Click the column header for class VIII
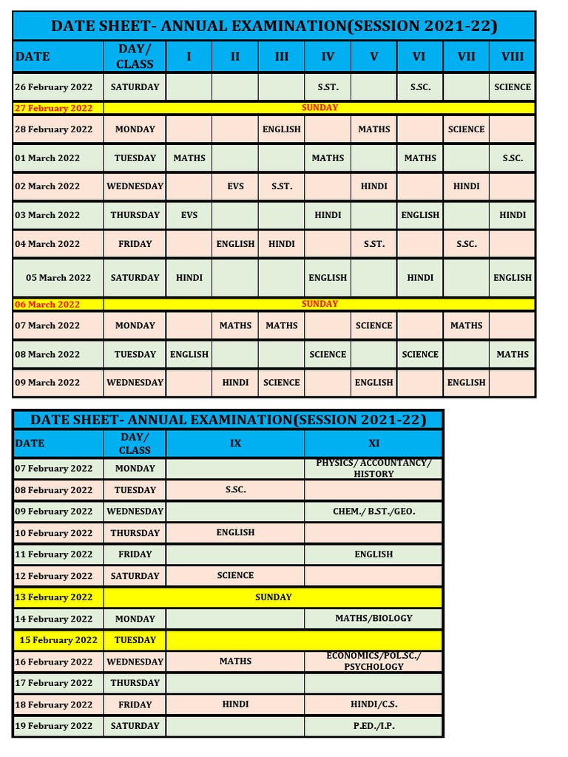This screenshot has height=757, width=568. point(513,56)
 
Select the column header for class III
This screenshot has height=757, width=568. point(282,56)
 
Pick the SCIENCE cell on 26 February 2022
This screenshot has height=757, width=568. point(513,87)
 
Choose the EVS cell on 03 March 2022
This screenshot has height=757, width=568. point(189,215)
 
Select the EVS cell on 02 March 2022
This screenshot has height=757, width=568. point(235,186)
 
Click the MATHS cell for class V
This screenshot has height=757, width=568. point(374,129)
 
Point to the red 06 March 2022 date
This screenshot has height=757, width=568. point(47,305)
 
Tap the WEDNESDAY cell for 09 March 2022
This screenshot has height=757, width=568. point(135,383)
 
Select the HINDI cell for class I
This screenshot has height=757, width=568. point(189,278)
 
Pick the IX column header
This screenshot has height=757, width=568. point(235,444)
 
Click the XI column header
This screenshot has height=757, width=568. point(373,444)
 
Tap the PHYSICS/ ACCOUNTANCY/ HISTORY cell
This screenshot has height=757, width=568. point(373,468)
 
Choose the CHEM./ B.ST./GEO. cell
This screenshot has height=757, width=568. point(373,512)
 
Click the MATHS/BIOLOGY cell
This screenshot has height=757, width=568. point(373,618)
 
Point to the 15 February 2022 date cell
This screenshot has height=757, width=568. point(58,640)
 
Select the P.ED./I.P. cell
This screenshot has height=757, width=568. point(373,726)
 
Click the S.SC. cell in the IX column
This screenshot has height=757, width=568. point(235,490)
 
